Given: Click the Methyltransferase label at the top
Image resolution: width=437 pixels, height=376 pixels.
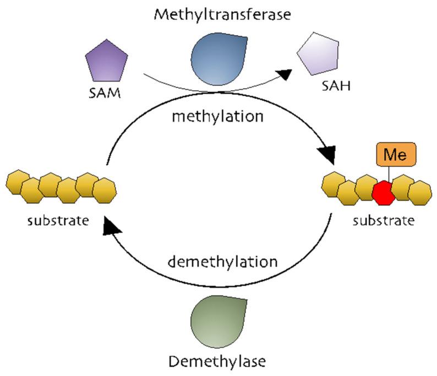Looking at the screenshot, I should (x=222, y=15).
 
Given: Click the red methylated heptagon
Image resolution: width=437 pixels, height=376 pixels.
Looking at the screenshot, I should (x=384, y=192).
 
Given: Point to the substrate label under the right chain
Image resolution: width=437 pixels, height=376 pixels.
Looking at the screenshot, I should (x=384, y=221).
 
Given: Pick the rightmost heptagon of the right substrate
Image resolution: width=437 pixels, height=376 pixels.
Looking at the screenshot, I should (x=421, y=192).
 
